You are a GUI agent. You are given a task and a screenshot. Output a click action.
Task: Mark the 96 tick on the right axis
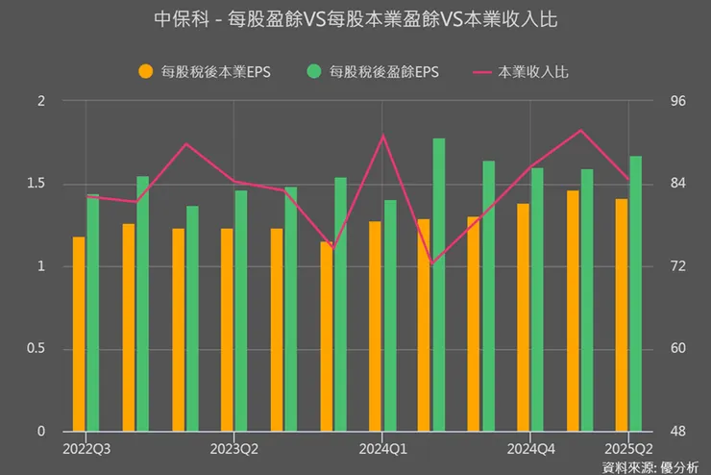(x=663, y=101)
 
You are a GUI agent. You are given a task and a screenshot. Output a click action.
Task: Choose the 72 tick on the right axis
(x=663, y=265)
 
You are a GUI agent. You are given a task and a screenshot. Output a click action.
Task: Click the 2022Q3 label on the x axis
(x=86, y=448)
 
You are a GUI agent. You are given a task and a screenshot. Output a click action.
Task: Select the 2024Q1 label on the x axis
(x=383, y=448)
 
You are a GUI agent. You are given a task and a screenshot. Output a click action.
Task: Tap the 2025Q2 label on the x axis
(x=628, y=448)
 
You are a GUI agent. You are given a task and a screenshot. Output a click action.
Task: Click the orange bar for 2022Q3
(x=79, y=334)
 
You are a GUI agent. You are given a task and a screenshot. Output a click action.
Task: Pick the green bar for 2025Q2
(x=635, y=293)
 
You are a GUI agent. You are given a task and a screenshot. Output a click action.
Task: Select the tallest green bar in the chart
(x=438, y=285)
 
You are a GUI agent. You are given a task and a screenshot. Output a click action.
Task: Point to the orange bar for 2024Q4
(x=524, y=317)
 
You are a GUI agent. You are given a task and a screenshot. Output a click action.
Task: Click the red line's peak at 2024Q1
(x=382, y=136)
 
